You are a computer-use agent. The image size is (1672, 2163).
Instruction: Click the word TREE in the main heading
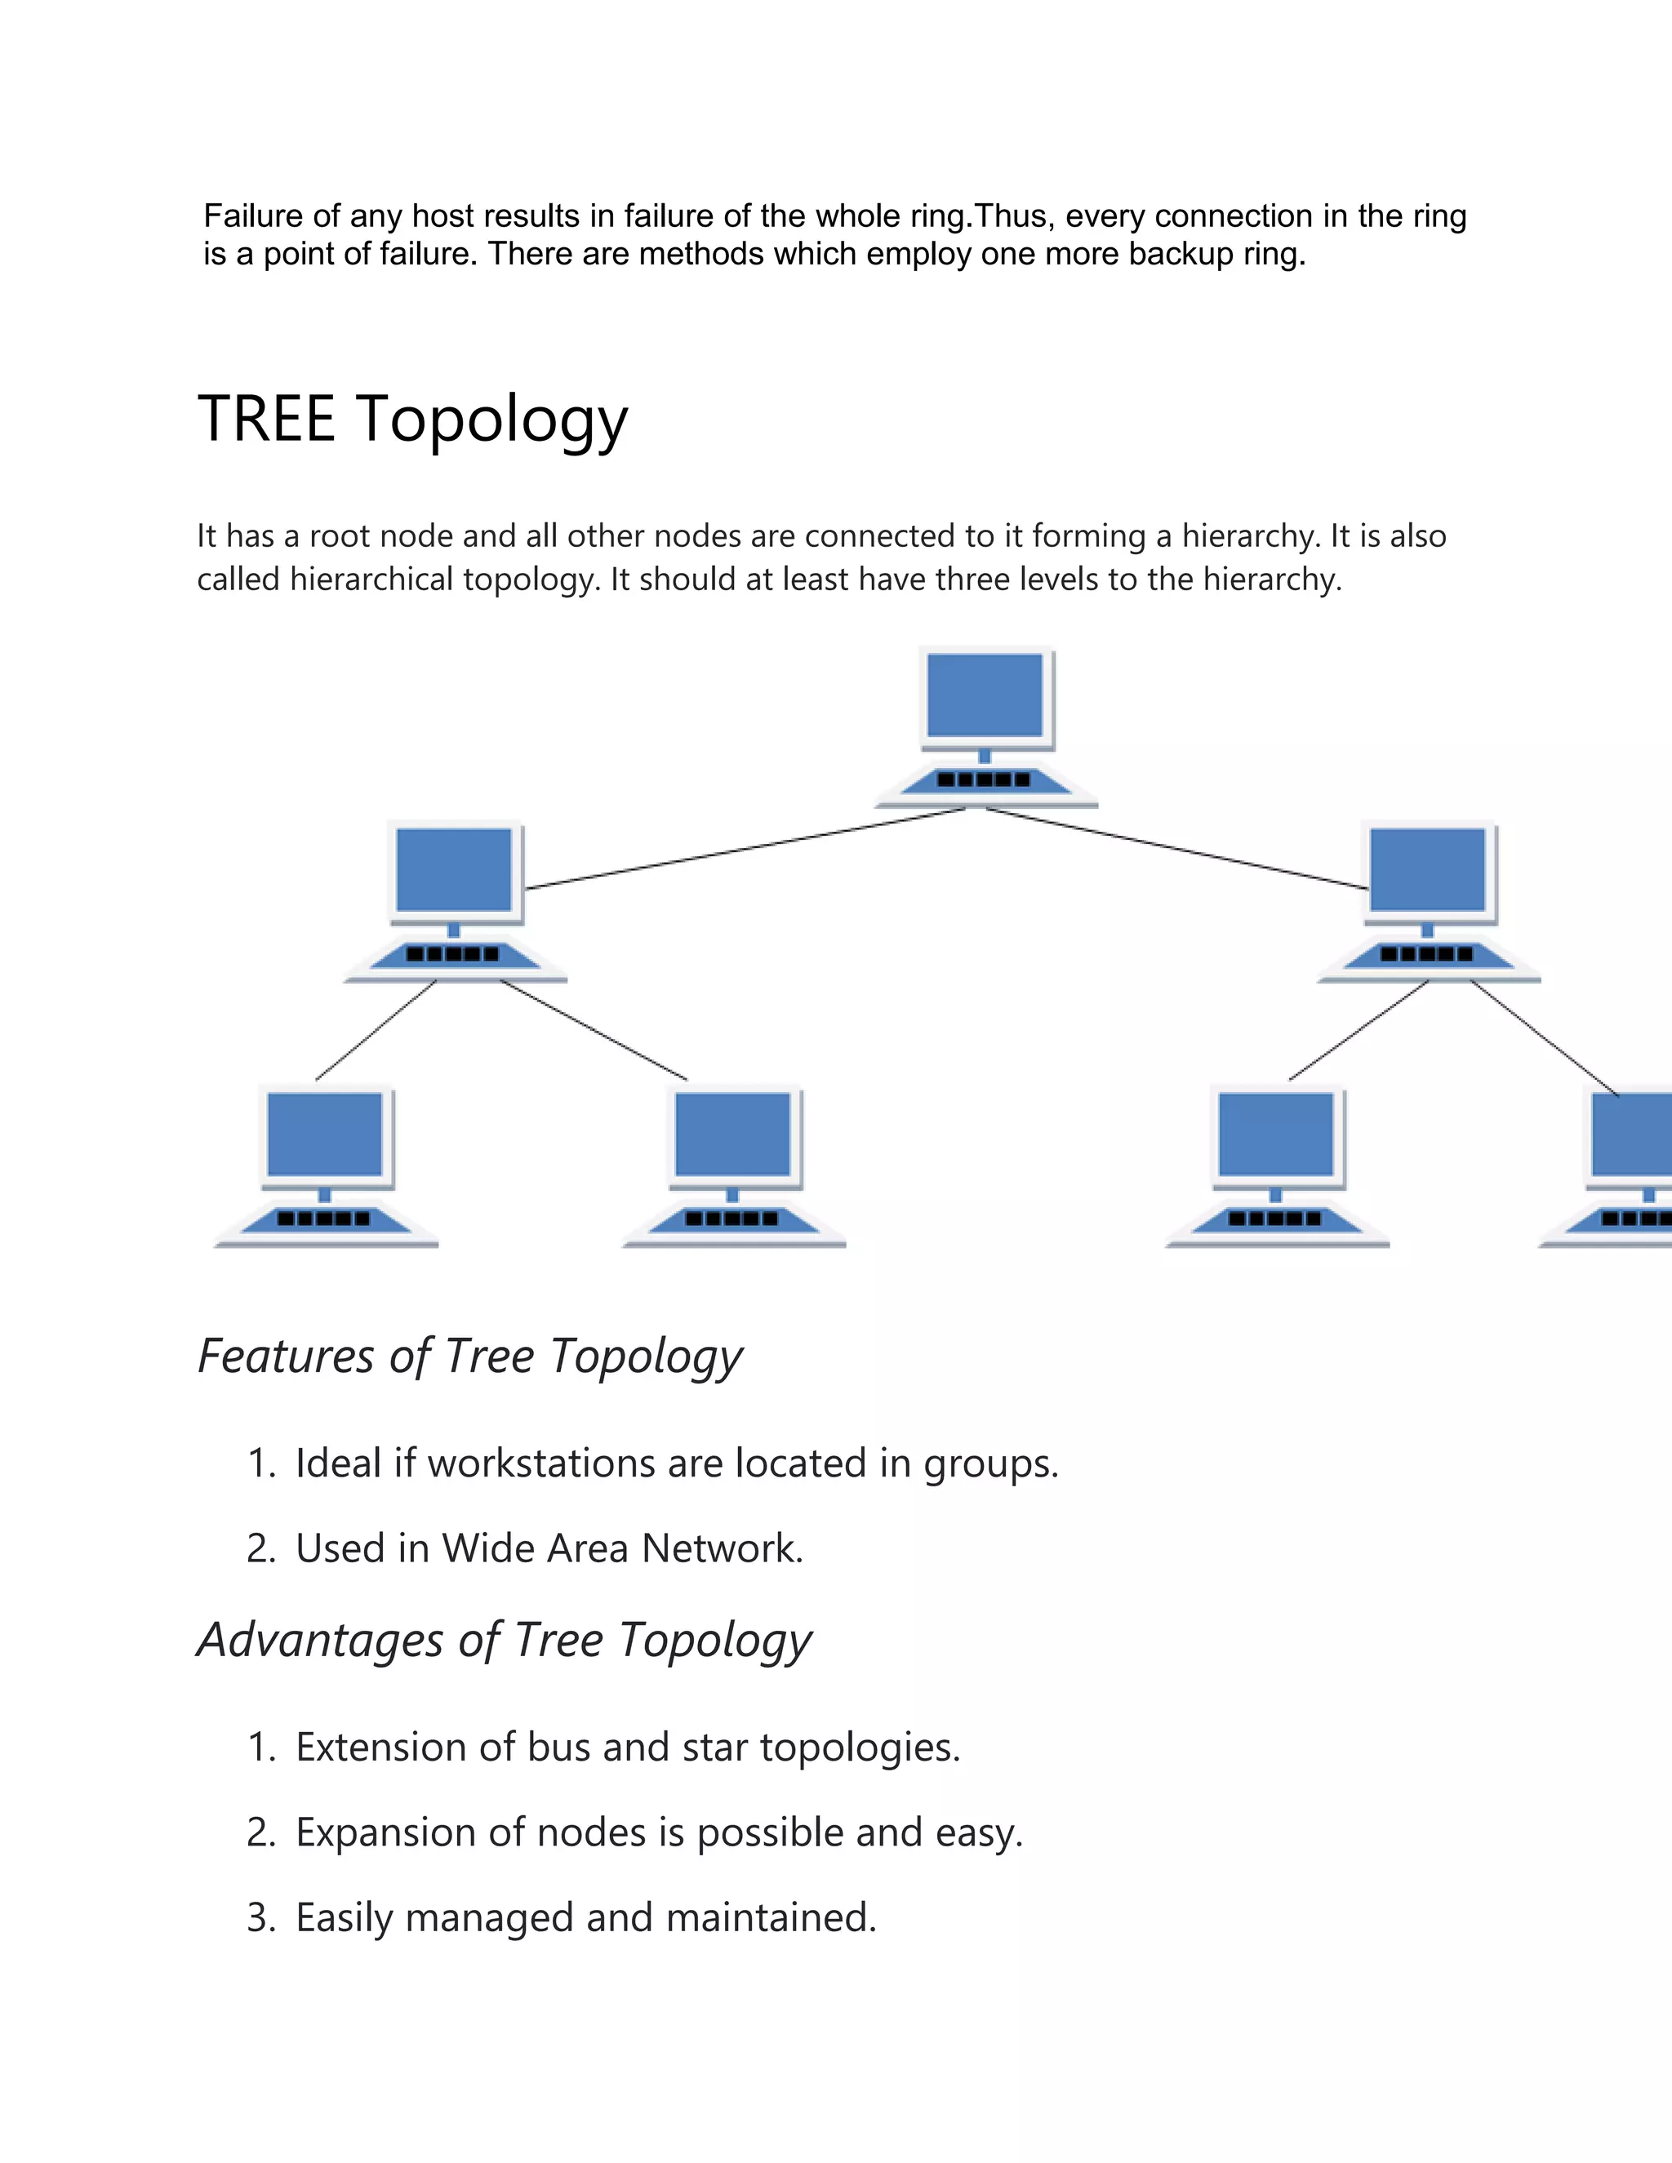266,418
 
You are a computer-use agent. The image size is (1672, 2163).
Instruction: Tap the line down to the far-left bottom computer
376,1030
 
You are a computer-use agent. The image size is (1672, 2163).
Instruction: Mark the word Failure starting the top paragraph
252,216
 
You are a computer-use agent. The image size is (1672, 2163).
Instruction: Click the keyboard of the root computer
985,780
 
